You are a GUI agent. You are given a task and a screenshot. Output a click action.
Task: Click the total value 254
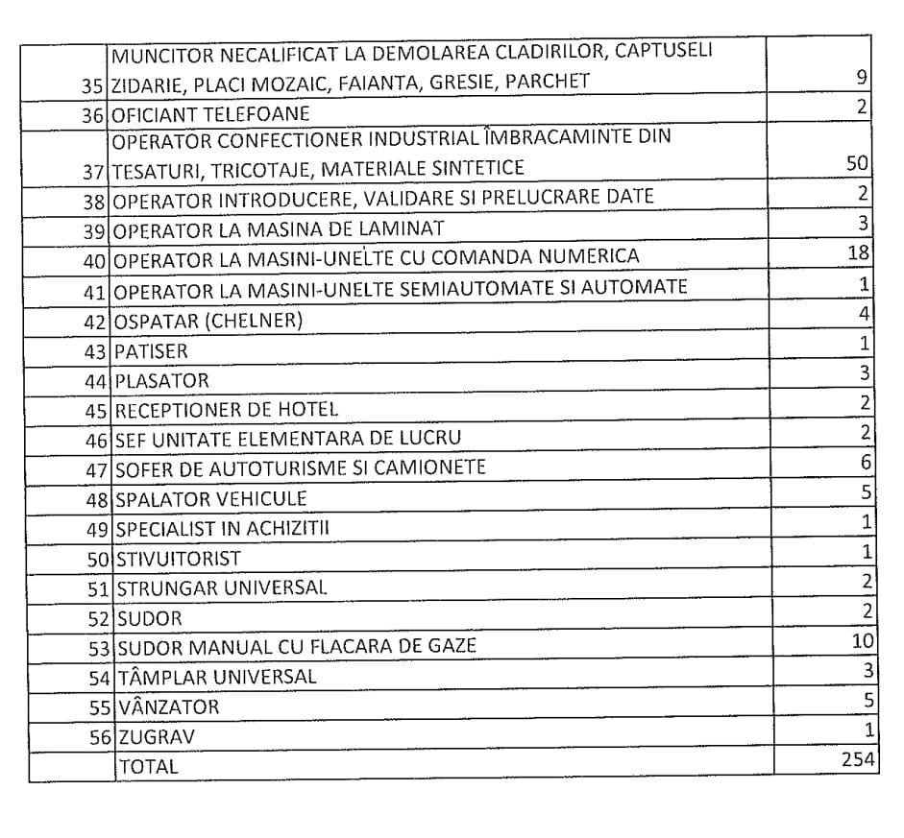(x=858, y=760)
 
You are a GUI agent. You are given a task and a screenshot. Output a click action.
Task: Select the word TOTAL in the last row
(x=148, y=766)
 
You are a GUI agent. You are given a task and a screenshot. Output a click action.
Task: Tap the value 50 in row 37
(x=857, y=163)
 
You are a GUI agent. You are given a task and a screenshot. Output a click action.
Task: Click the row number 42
(x=95, y=321)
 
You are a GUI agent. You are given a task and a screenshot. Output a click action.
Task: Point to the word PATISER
(x=152, y=351)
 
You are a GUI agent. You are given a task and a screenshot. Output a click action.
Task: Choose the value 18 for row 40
(x=859, y=253)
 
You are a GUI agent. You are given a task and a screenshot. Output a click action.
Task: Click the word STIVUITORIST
(x=179, y=559)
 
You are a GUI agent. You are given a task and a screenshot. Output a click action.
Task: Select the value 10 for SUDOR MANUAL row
(x=861, y=641)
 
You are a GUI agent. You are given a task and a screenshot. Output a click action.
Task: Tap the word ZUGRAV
(x=157, y=737)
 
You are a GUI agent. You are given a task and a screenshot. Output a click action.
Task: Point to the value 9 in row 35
(x=864, y=77)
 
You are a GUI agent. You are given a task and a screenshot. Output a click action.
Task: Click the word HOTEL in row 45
(x=307, y=410)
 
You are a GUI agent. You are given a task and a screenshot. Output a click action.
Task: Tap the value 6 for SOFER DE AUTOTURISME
(x=866, y=463)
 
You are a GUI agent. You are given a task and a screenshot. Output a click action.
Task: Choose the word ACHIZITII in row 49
(x=292, y=529)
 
